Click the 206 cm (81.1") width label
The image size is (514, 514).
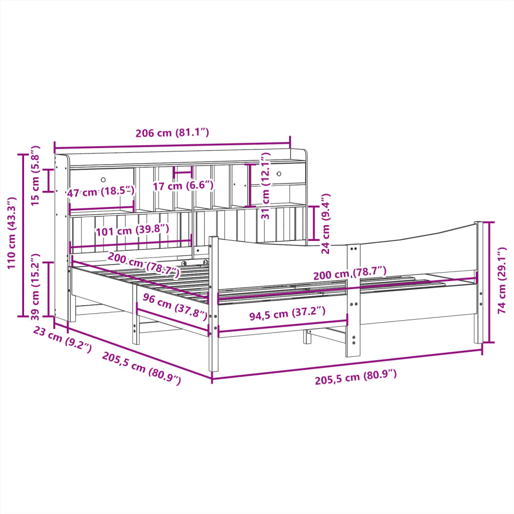tap(172, 133)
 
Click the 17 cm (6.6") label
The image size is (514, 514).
tap(183, 186)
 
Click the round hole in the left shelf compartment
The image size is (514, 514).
tap(103, 180)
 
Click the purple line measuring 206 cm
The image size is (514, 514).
tap(172, 146)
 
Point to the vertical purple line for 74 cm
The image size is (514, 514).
tap(489, 283)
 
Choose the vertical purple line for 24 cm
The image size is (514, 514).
tap(314, 223)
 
